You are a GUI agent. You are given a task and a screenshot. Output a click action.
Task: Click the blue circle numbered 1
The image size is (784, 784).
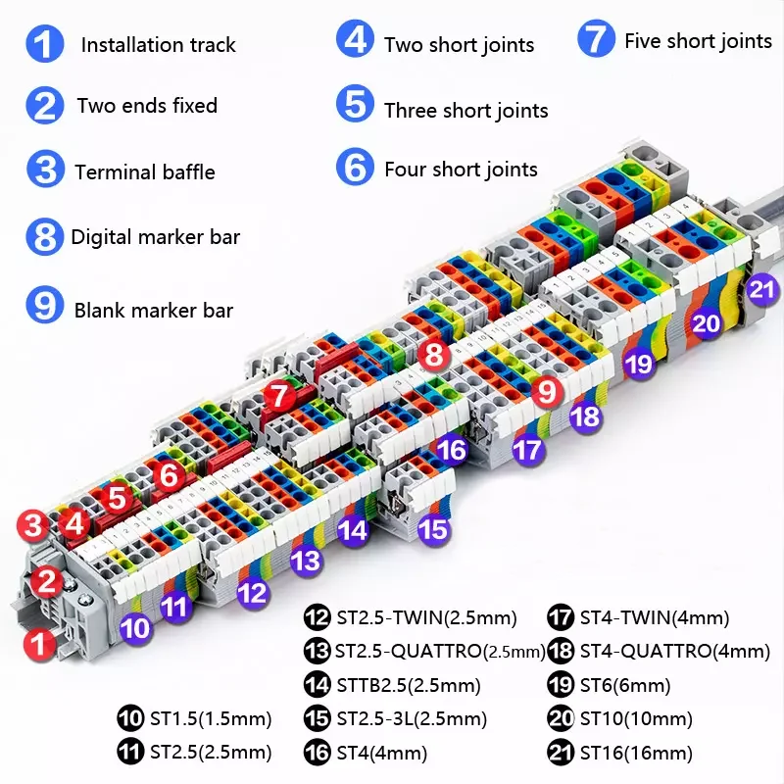point(44,45)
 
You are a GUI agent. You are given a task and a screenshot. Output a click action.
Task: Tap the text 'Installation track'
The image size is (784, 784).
point(158,45)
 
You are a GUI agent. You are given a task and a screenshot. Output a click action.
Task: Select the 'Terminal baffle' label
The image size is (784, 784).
point(144,172)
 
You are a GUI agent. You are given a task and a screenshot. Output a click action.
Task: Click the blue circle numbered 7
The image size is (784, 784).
point(595,40)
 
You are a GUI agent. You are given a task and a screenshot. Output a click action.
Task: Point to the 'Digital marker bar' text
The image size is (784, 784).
point(155,237)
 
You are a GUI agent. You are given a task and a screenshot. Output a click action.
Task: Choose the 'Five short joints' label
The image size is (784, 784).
point(698,41)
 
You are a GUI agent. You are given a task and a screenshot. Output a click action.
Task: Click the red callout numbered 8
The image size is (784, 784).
point(434,355)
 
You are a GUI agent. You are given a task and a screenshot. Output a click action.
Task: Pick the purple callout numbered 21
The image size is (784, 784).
point(761,289)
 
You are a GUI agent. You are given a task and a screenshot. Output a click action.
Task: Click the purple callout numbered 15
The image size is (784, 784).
point(433,529)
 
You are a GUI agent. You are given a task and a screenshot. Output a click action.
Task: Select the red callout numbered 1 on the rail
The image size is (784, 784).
point(38,644)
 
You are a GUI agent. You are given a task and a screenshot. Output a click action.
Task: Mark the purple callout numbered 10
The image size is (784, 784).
point(136,627)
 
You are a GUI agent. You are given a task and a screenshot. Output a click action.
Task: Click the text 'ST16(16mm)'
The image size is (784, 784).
point(636,753)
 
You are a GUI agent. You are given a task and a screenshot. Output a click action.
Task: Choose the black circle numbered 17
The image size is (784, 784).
point(562,617)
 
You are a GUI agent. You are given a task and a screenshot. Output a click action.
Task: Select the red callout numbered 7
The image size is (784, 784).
point(280,396)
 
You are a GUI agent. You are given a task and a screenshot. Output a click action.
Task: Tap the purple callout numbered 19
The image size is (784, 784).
point(639,364)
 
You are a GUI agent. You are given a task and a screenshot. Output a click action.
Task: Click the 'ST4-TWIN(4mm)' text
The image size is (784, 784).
point(655,618)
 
